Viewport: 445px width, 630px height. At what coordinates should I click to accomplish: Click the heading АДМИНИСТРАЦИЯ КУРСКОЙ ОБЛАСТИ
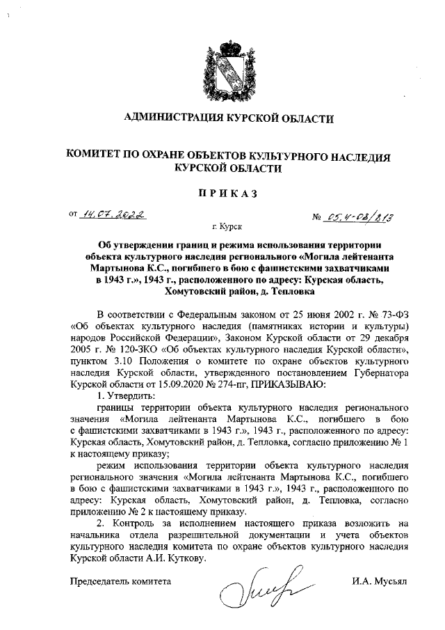click(224, 118)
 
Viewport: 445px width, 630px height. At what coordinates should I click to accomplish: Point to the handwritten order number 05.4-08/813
click(358, 217)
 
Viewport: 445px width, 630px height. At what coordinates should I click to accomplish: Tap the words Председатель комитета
click(119, 580)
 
